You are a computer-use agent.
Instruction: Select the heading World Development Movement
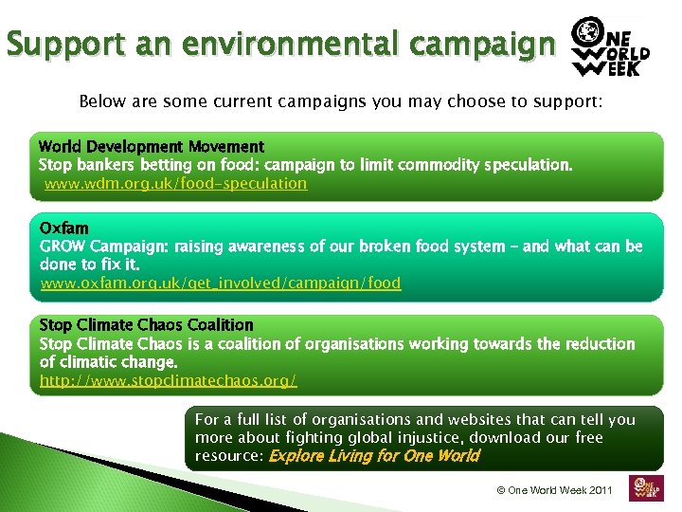tap(152, 147)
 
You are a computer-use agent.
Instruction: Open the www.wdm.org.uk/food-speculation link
tap(176, 183)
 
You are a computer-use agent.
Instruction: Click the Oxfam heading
tap(64, 229)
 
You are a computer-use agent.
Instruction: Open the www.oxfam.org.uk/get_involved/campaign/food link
tap(221, 283)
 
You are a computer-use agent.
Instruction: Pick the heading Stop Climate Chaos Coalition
tap(147, 325)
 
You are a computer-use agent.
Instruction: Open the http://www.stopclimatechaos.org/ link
tap(169, 380)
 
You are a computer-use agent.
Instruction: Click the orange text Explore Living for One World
tap(374, 456)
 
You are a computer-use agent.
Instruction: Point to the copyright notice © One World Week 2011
tap(555, 490)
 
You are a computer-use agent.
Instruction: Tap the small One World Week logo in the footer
tap(646, 486)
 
